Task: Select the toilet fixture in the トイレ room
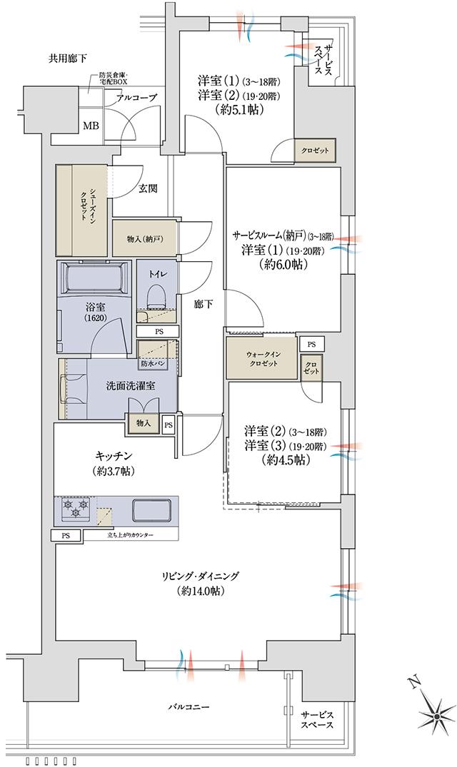tap(156, 293)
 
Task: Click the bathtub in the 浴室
tap(94, 278)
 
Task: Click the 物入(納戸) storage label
tap(144, 238)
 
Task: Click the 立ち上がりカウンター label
tap(129, 535)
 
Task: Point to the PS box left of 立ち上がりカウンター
tap(65, 535)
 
